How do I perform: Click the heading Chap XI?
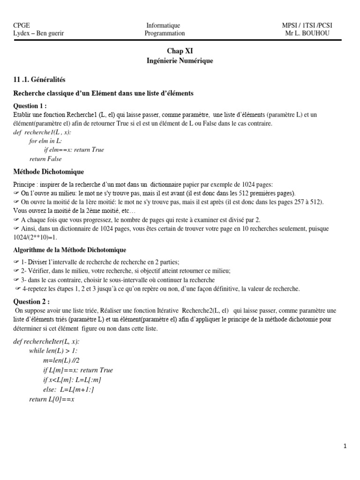point(180,51)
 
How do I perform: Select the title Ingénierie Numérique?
point(180,60)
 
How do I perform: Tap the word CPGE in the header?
point(22,25)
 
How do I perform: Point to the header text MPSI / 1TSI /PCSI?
point(307,25)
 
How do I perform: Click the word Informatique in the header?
point(163,25)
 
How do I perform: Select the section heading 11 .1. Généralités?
point(40,80)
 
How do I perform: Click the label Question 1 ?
point(30,105)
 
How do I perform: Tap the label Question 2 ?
point(31,301)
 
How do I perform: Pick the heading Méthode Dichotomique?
point(49,172)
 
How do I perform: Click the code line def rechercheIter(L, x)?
point(46,342)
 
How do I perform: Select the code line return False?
point(45,159)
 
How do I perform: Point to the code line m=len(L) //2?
point(61,360)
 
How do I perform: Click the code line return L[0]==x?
point(52,399)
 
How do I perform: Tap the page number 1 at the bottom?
point(345,447)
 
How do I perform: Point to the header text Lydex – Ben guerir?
point(39,33)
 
